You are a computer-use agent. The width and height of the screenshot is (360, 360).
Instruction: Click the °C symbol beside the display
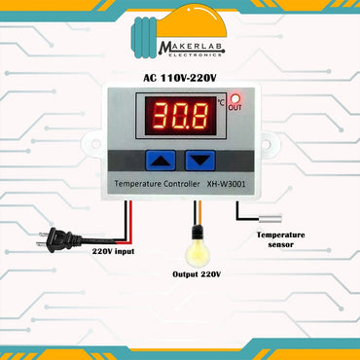point(222,100)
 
